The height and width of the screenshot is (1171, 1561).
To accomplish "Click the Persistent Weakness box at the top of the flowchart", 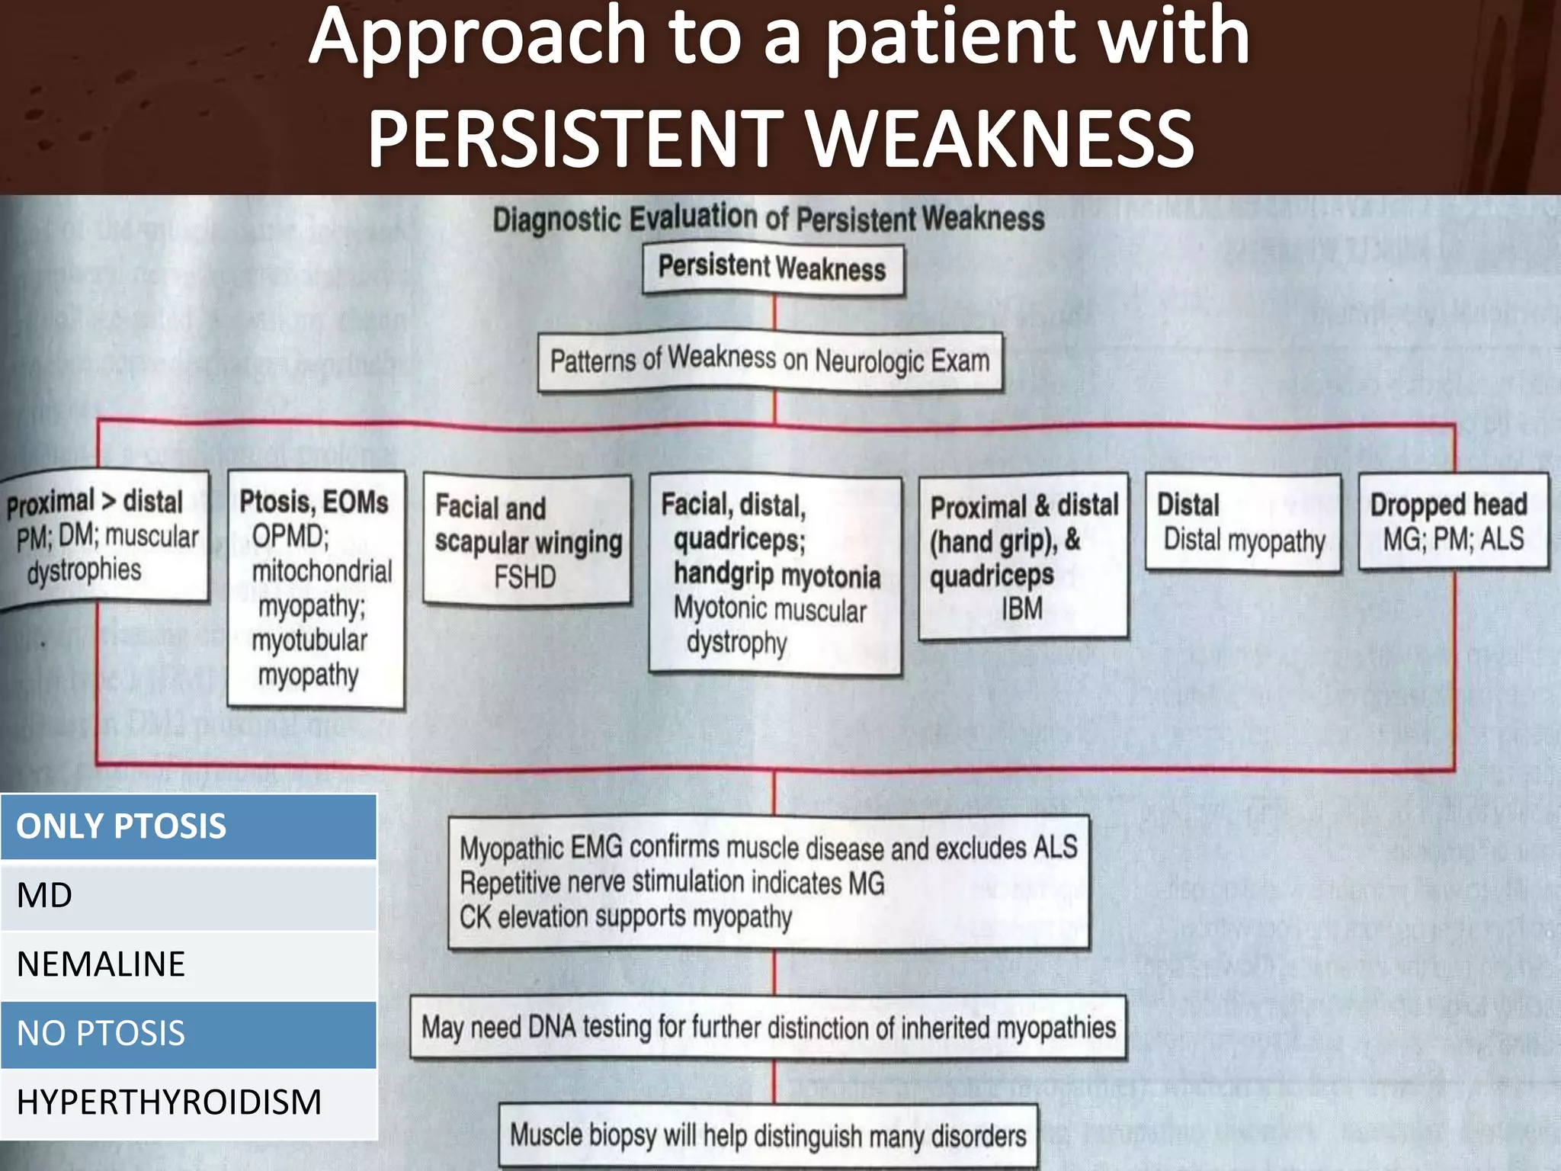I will click(773, 269).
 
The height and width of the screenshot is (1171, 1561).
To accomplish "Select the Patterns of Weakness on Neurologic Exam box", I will click(770, 361).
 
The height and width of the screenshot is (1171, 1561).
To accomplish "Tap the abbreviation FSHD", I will click(525, 577).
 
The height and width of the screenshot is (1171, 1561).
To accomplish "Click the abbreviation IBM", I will click(1022, 609).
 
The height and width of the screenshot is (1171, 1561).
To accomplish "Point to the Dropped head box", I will click(1454, 521).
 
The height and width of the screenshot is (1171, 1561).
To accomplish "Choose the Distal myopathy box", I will click(1243, 522).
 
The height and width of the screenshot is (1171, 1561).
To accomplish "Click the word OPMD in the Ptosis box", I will click(290, 537).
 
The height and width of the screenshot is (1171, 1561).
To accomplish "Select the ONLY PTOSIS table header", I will click(188, 826).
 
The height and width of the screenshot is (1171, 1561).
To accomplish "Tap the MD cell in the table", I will click(188, 895).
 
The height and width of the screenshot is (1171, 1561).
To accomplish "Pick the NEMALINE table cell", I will click(188, 964).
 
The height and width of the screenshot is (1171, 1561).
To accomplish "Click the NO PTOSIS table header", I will click(188, 1034).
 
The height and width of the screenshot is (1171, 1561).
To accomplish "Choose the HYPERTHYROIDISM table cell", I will click(188, 1102).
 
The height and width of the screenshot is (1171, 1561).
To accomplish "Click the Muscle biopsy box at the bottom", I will click(768, 1136).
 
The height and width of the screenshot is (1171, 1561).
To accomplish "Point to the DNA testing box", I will click(768, 1028).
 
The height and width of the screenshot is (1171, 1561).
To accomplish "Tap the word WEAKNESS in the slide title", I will click(1001, 139).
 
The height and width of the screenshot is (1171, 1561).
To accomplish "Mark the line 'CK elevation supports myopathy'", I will click(626, 917).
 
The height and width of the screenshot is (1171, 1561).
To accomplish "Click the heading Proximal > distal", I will click(95, 502).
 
